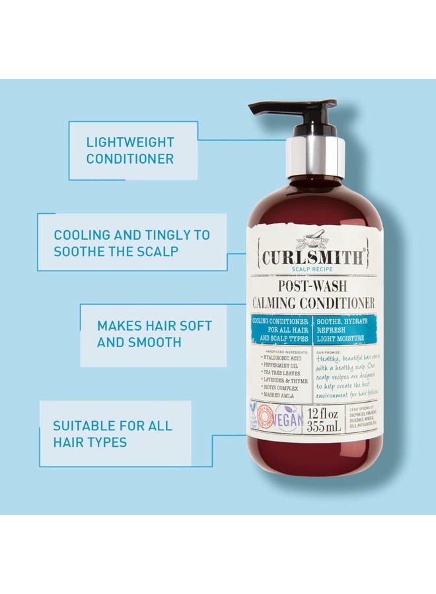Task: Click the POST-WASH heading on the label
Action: tap(314, 286)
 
